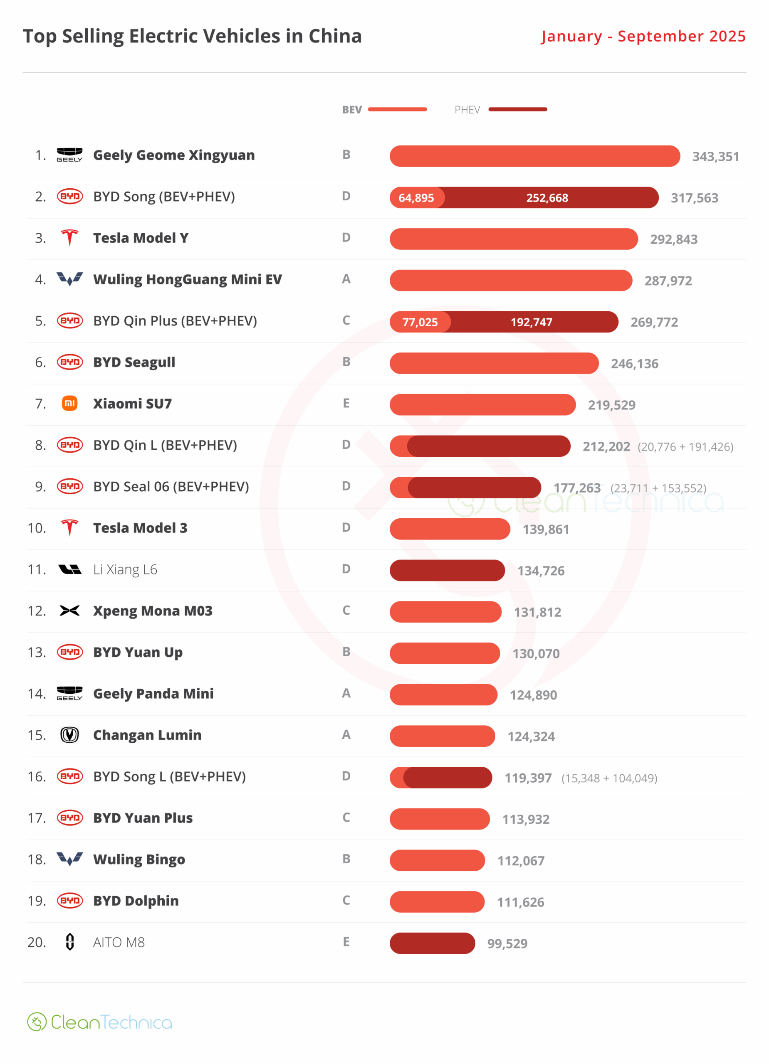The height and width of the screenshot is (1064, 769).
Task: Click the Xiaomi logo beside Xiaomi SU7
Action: point(69,404)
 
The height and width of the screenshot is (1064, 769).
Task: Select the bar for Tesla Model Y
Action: point(513,239)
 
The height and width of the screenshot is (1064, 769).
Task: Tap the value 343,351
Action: point(715,156)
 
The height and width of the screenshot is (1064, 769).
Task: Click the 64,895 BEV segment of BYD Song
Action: point(416,197)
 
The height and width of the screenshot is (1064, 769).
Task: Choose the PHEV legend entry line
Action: point(517,109)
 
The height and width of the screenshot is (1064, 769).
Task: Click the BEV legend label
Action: point(351,110)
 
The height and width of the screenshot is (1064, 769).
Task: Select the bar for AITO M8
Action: point(432,943)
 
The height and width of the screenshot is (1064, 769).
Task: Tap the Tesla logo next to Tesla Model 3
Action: point(69,528)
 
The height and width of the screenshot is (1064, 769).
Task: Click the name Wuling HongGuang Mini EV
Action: point(187,280)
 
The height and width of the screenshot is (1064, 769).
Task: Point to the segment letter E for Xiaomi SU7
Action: point(346,404)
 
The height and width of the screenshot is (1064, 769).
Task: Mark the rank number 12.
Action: point(37,611)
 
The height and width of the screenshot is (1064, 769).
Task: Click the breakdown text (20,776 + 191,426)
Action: point(685,447)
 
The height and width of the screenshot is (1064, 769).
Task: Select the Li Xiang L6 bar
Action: point(447,570)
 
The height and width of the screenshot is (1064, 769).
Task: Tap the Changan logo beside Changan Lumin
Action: point(69,735)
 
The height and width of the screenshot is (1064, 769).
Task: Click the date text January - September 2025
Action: point(643,36)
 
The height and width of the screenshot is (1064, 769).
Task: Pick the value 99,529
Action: point(507,943)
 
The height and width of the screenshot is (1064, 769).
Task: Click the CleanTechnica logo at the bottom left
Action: point(99,1022)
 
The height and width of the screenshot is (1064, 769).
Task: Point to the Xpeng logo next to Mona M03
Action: point(69,611)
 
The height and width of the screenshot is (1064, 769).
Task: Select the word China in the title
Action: point(335,36)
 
